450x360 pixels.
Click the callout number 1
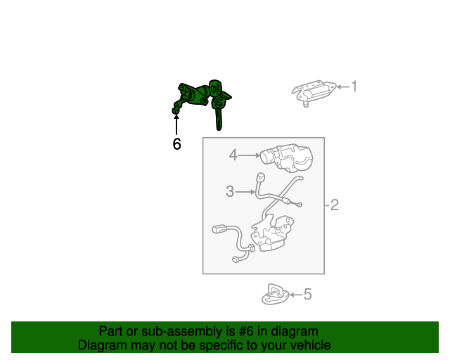click(x=354, y=86)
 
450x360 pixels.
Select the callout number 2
click(x=335, y=205)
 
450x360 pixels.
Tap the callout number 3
click(x=230, y=191)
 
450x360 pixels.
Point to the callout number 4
click(x=233, y=155)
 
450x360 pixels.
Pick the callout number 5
click(x=307, y=295)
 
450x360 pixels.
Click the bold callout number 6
click(x=176, y=144)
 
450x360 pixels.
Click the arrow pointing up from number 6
click(x=176, y=124)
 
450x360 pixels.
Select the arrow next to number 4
click(x=249, y=155)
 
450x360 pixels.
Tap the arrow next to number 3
click(x=245, y=191)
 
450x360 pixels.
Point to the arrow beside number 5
click(x=296, y=295)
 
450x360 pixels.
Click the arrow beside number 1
click(x=343, y=86)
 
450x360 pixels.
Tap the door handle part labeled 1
click(x=314, y=92)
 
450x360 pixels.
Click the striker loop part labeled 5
click(x=275, y=295)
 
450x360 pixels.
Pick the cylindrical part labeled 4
click(x=286, y=158)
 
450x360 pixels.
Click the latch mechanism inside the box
click(x=272, y=233)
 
